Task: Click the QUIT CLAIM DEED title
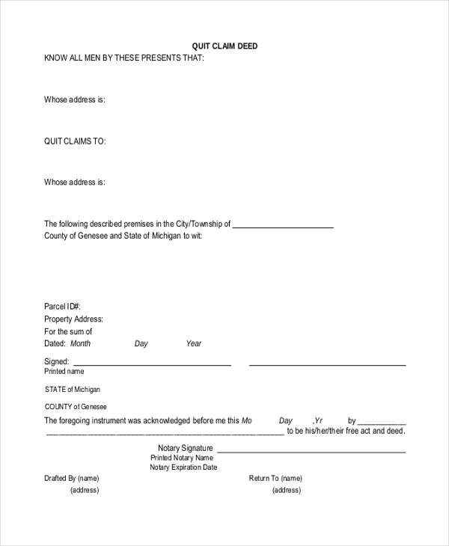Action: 224,46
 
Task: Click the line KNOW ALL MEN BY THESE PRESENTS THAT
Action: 123,58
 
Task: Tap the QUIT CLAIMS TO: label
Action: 75,141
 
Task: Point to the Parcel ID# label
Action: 62,307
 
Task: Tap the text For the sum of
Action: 68,331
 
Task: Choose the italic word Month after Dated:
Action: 80,344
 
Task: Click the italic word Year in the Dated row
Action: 194,344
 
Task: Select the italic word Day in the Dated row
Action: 141,344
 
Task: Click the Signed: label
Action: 57,361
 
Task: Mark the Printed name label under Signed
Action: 64,372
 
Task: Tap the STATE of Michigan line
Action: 73,390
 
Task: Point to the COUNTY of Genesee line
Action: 76,407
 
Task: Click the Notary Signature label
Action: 186,448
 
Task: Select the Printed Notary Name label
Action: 182,458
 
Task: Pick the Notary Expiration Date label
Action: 183,467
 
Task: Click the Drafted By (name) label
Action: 72,479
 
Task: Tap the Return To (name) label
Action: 275,479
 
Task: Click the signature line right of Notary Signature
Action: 311,452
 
